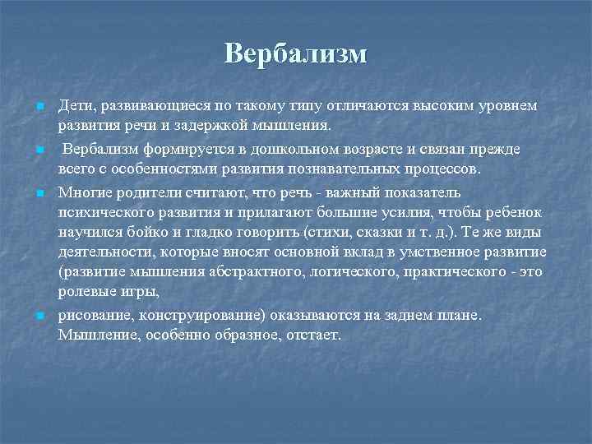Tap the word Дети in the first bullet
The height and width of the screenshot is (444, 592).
pyautogui.click(x=73, y=106)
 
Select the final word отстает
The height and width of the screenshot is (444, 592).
pyautogui.click(x=308, y=336)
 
